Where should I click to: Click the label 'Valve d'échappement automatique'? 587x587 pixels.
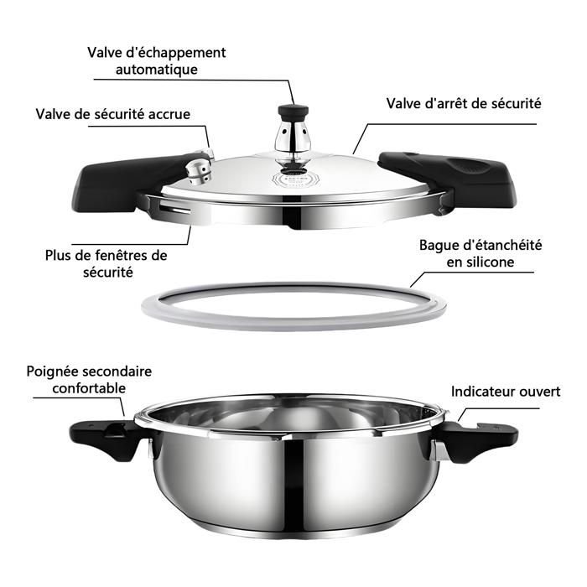tap(157, 61)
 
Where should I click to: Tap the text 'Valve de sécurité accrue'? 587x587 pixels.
tap(113, 114)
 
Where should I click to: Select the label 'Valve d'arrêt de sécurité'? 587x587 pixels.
tap(464, 103)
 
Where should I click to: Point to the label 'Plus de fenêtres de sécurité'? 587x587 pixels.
tap(106, 263)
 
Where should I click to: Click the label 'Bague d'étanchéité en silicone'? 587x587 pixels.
tap(481, 253)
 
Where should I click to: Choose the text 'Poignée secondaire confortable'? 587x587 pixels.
tap(89, 380)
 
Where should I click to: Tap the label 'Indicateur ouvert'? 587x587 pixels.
tap(506, 392)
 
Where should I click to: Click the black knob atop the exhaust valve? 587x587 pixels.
tap(293, 112)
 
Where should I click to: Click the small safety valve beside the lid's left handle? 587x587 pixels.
tap(200, 168)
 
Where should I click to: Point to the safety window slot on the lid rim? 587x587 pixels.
tap(175, 207)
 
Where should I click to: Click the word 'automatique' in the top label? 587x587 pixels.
tap(157, 70)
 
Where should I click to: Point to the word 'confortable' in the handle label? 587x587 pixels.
tap(89, 388)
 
